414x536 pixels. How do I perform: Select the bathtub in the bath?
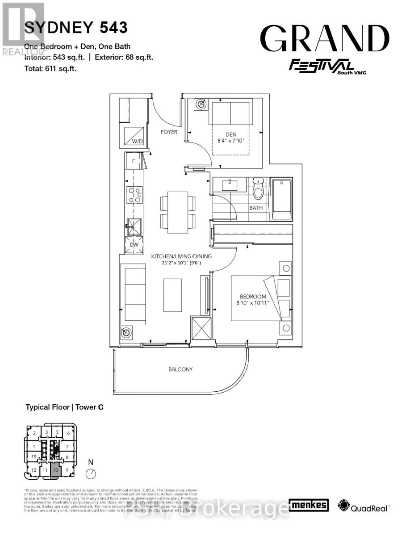point(282,199)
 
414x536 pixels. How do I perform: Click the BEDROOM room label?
point(253,297)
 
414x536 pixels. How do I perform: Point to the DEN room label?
point(230,134)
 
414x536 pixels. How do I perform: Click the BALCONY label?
point(180,369)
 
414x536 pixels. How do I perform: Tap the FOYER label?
point(169,132)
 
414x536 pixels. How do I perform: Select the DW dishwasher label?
point(134,245)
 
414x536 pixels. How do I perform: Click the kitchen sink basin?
point(134,226)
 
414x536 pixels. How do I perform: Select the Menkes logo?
point(309,505)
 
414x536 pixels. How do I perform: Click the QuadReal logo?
point(364,506)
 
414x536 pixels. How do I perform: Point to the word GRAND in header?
point(325,38)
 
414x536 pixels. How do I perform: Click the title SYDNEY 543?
point(76,28)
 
